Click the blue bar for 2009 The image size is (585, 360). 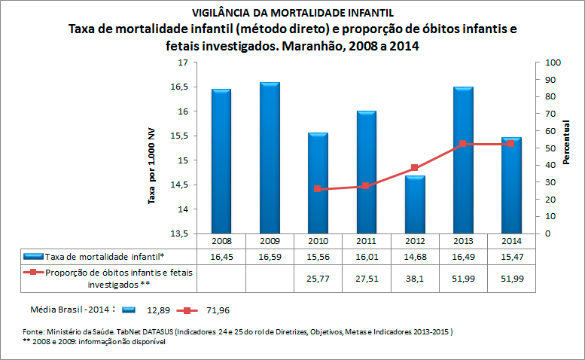point(270,157)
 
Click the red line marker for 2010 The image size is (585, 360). point(318,189)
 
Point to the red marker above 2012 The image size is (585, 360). point(414,168)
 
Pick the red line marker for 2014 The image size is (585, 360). point(511,143)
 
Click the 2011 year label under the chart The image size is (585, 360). point(367,241)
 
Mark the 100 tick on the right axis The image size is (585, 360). point(553,63)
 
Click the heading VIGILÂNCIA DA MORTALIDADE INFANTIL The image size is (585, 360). point(293,13)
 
